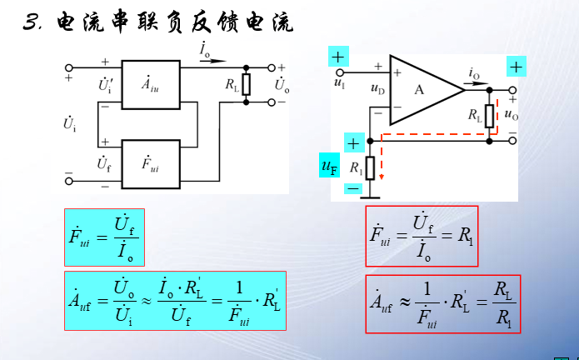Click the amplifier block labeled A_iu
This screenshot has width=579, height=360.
pyautogui.click(x=150, y=83)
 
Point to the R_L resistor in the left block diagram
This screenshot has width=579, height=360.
pyautogui.click(x=246, y=84)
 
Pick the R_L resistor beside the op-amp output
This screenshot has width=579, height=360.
pyautogui.click(x=489, y=115)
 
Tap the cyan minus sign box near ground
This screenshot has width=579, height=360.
pyautogui.click(x=353, y=189)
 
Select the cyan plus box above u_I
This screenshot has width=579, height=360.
pyautogui.click(x=337, y=57)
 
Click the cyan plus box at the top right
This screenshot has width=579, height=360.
pyautogui.click(x=517, y=66)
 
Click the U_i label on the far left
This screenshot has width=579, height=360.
pyautogui.click(x=70, y=126)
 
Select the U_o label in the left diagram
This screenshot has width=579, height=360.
pyautogui.click(x=282, y=84)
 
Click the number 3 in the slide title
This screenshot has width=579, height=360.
pyautogui.click(x=32, y=22)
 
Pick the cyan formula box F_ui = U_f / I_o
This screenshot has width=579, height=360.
pyautogui.click(x=104, y=237)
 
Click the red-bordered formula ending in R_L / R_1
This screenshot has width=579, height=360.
pyautogui.click(x=442, y=303)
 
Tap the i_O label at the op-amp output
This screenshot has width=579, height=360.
pyautogui.click(x=474, y=75)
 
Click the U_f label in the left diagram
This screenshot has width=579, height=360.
pyautogui.click(x=104, y=162)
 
